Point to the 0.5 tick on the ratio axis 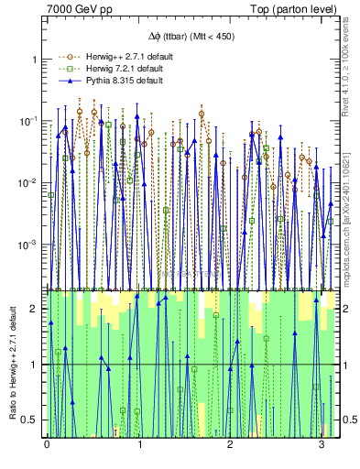tap(32, 420)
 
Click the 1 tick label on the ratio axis tap(37, 365)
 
